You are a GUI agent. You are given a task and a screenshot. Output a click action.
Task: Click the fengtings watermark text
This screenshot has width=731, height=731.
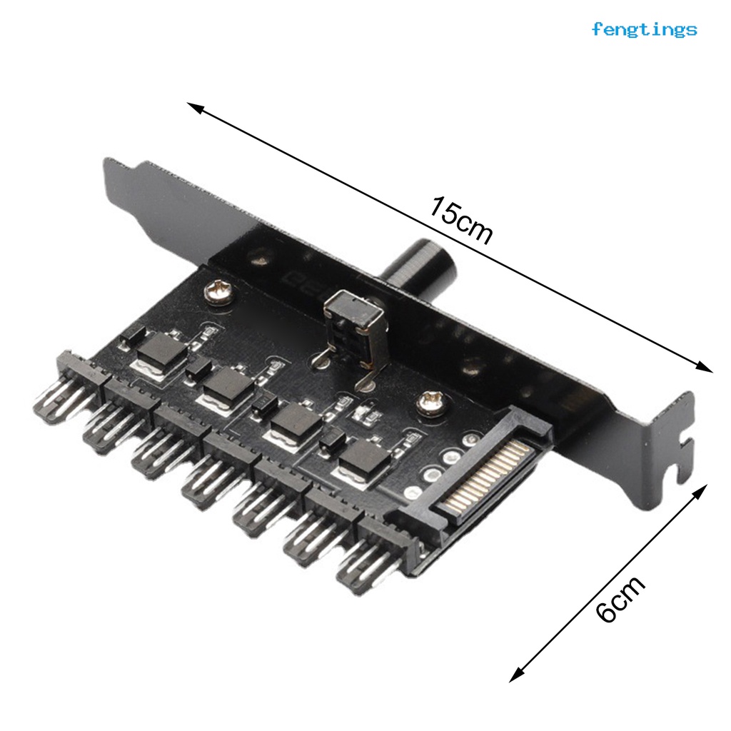coord(644,29)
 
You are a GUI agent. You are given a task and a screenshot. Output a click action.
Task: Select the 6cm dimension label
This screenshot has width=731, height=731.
coord(620,598)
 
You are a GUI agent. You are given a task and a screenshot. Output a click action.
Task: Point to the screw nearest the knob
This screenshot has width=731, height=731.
coord(217,292)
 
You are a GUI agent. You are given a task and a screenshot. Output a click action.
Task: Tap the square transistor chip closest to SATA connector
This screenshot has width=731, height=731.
coord(364,460)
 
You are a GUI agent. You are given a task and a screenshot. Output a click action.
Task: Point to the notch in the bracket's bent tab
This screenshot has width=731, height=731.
coord(682,458)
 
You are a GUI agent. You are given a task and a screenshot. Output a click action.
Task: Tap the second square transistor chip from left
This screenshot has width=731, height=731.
coord(228,385)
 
